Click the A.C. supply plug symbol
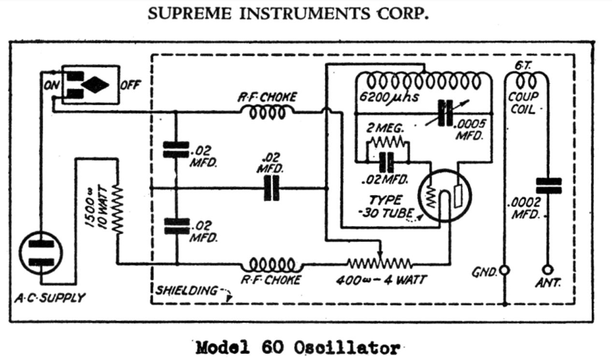(x=41, y=253)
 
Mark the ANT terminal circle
(x=548, y=270)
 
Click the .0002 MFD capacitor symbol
(x=548, y=186)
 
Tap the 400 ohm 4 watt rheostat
(x=380, y=264)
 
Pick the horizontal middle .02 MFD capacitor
(x=271, y=188)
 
